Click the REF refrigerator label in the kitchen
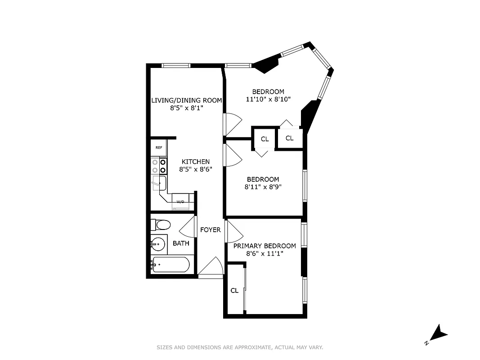[159, 148]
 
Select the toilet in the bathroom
[161, 224]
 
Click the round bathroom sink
[157, 245]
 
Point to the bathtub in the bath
[170, 265]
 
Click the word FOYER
[211, 230]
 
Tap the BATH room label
[181, 243]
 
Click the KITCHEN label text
[195, 162]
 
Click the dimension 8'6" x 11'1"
[265, 254]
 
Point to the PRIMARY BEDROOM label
[265, 246]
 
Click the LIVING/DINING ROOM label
[186, 100]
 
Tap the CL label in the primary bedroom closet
[234, 291]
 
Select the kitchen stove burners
[159, 166]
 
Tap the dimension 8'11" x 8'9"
[263, 187]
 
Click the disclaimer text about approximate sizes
[240, 347]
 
